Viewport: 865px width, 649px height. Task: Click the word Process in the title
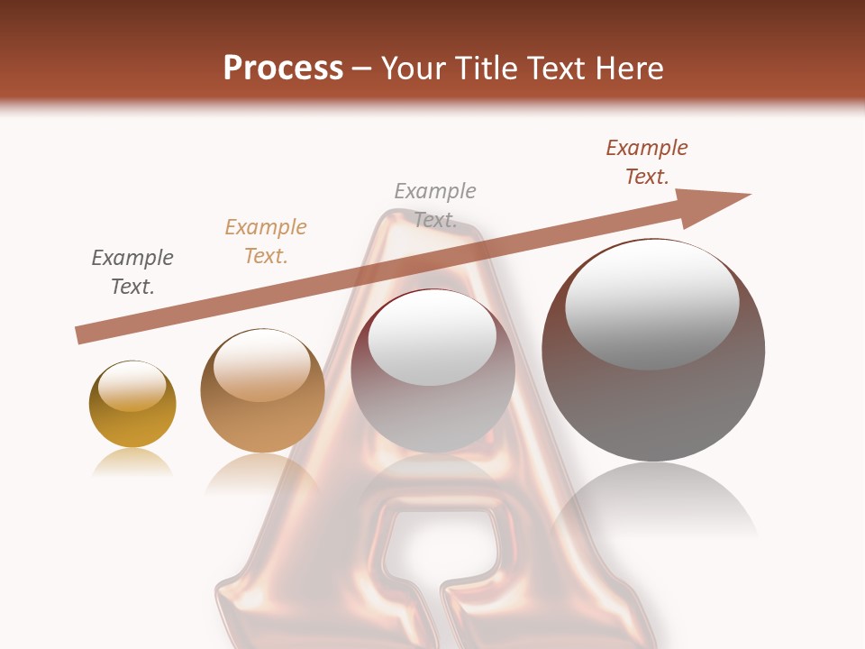(x=283, y=69)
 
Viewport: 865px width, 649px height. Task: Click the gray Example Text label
(x=435, y=205)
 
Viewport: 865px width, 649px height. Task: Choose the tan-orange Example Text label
(x=266, y=241)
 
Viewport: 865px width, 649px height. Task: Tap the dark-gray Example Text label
(x=132, y=271)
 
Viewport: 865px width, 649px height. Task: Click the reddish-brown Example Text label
(x=647, y=162)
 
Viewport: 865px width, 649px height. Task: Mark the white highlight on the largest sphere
(x=651, y=302)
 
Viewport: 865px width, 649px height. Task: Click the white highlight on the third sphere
(x=432, y=336)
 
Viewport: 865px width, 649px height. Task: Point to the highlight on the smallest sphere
(x=132, y=386)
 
